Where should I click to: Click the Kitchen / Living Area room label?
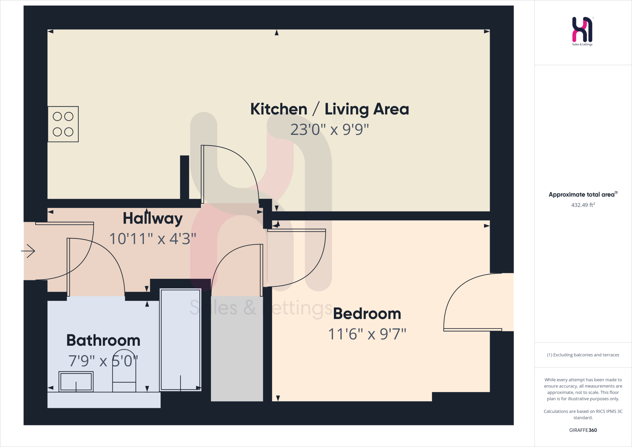tap(329, 109)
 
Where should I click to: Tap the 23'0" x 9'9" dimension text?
tap(329, 129)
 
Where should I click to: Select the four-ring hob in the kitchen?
tap(63, 124)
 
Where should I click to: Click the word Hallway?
tap(152, 219)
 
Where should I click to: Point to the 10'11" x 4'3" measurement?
tap(152, 239)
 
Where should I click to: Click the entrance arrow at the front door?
tap(28, 251)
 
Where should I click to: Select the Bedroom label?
tap(367, 314)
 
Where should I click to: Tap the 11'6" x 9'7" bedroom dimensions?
tap(367, 334)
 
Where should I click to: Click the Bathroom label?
tap(103, 340)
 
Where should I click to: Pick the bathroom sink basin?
tap(76, 382)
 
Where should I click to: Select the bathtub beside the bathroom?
tap(181, 340)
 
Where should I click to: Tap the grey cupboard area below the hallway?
tap(237, 349)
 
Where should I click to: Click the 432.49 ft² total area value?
tap(583, 205)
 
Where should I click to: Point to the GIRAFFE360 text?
tap(583, 430)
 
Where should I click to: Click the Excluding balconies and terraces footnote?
tap(583, 355)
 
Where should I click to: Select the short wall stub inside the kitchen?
tap(185, 177)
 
